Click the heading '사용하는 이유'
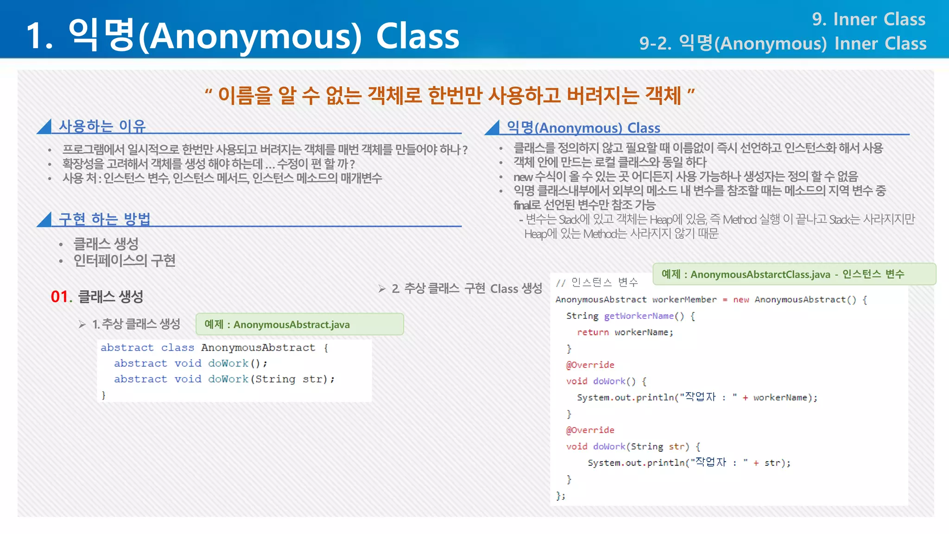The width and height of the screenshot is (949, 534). (102, 126)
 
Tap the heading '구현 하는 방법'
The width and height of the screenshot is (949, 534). (104, 219)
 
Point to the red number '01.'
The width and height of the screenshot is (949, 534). (61, 297)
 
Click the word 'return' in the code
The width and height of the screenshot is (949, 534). (593, 332)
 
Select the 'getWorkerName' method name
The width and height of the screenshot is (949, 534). (639, 316)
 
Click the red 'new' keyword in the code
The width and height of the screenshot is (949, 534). (741, 300)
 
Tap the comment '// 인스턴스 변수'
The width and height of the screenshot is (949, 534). (597, 282)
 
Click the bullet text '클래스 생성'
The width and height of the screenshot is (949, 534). (106, 244)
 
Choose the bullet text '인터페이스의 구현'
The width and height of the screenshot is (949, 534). (124, 261)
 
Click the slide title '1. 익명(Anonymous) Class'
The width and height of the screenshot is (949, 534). (242, 36)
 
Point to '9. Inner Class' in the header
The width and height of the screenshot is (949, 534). (868, 19)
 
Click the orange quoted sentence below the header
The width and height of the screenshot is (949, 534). (449, 95)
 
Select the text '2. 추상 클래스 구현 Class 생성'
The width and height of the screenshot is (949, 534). (466, 289)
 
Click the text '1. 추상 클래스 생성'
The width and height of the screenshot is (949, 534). (136, 324)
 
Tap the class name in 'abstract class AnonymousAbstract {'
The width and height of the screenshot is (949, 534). (258, 348)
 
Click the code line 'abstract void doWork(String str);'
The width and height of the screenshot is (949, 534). (224, 379)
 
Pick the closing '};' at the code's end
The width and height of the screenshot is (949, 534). (560, 496)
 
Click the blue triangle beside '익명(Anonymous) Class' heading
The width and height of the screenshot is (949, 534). (493, 128)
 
